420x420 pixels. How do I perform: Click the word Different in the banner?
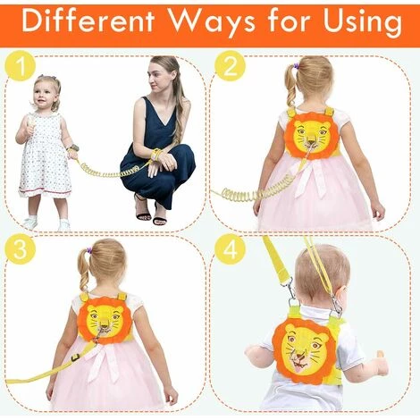[x=88, y=21]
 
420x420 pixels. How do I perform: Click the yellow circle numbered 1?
[x=21, y=66]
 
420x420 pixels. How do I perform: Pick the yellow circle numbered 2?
[x=230, y=66]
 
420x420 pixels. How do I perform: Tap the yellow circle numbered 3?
[x=21, y=249]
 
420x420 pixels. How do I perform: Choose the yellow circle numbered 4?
[x=230, y=249]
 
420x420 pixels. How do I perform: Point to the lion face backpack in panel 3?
[x=102, y=319]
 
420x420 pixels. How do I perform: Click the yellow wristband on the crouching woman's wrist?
[x=155, y=154]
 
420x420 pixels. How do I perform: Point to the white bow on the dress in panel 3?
[x=101, y=363]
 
